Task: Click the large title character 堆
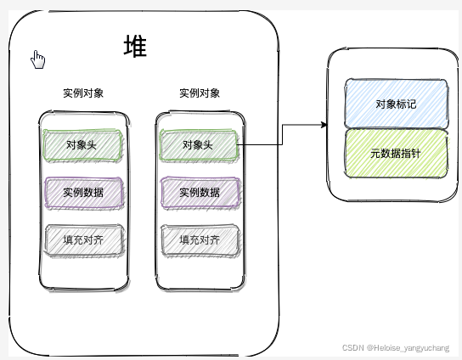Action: click(x=134, y=47)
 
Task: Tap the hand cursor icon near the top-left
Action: click(x=37, y=59)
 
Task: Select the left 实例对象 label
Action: click(x=83, y=93)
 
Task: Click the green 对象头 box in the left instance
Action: click(x=83, y=145)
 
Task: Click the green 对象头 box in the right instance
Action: click(x=198, y=145)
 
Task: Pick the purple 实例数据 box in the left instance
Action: click(x=83, y=192)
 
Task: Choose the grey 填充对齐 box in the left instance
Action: click(x=83, y=239)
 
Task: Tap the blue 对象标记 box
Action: click(x=396, y=103)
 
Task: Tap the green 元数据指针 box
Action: click(x=396, y=153)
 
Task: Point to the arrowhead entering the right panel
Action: click(x=324, y=126)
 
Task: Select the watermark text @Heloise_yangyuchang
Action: click(x=412, y=348)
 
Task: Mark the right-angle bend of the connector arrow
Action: click(x=281, y=126)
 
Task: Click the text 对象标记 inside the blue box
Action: click(x=396, y=104)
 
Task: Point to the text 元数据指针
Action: click(x=396, y=154)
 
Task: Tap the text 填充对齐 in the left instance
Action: click(x=83, y=239)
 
